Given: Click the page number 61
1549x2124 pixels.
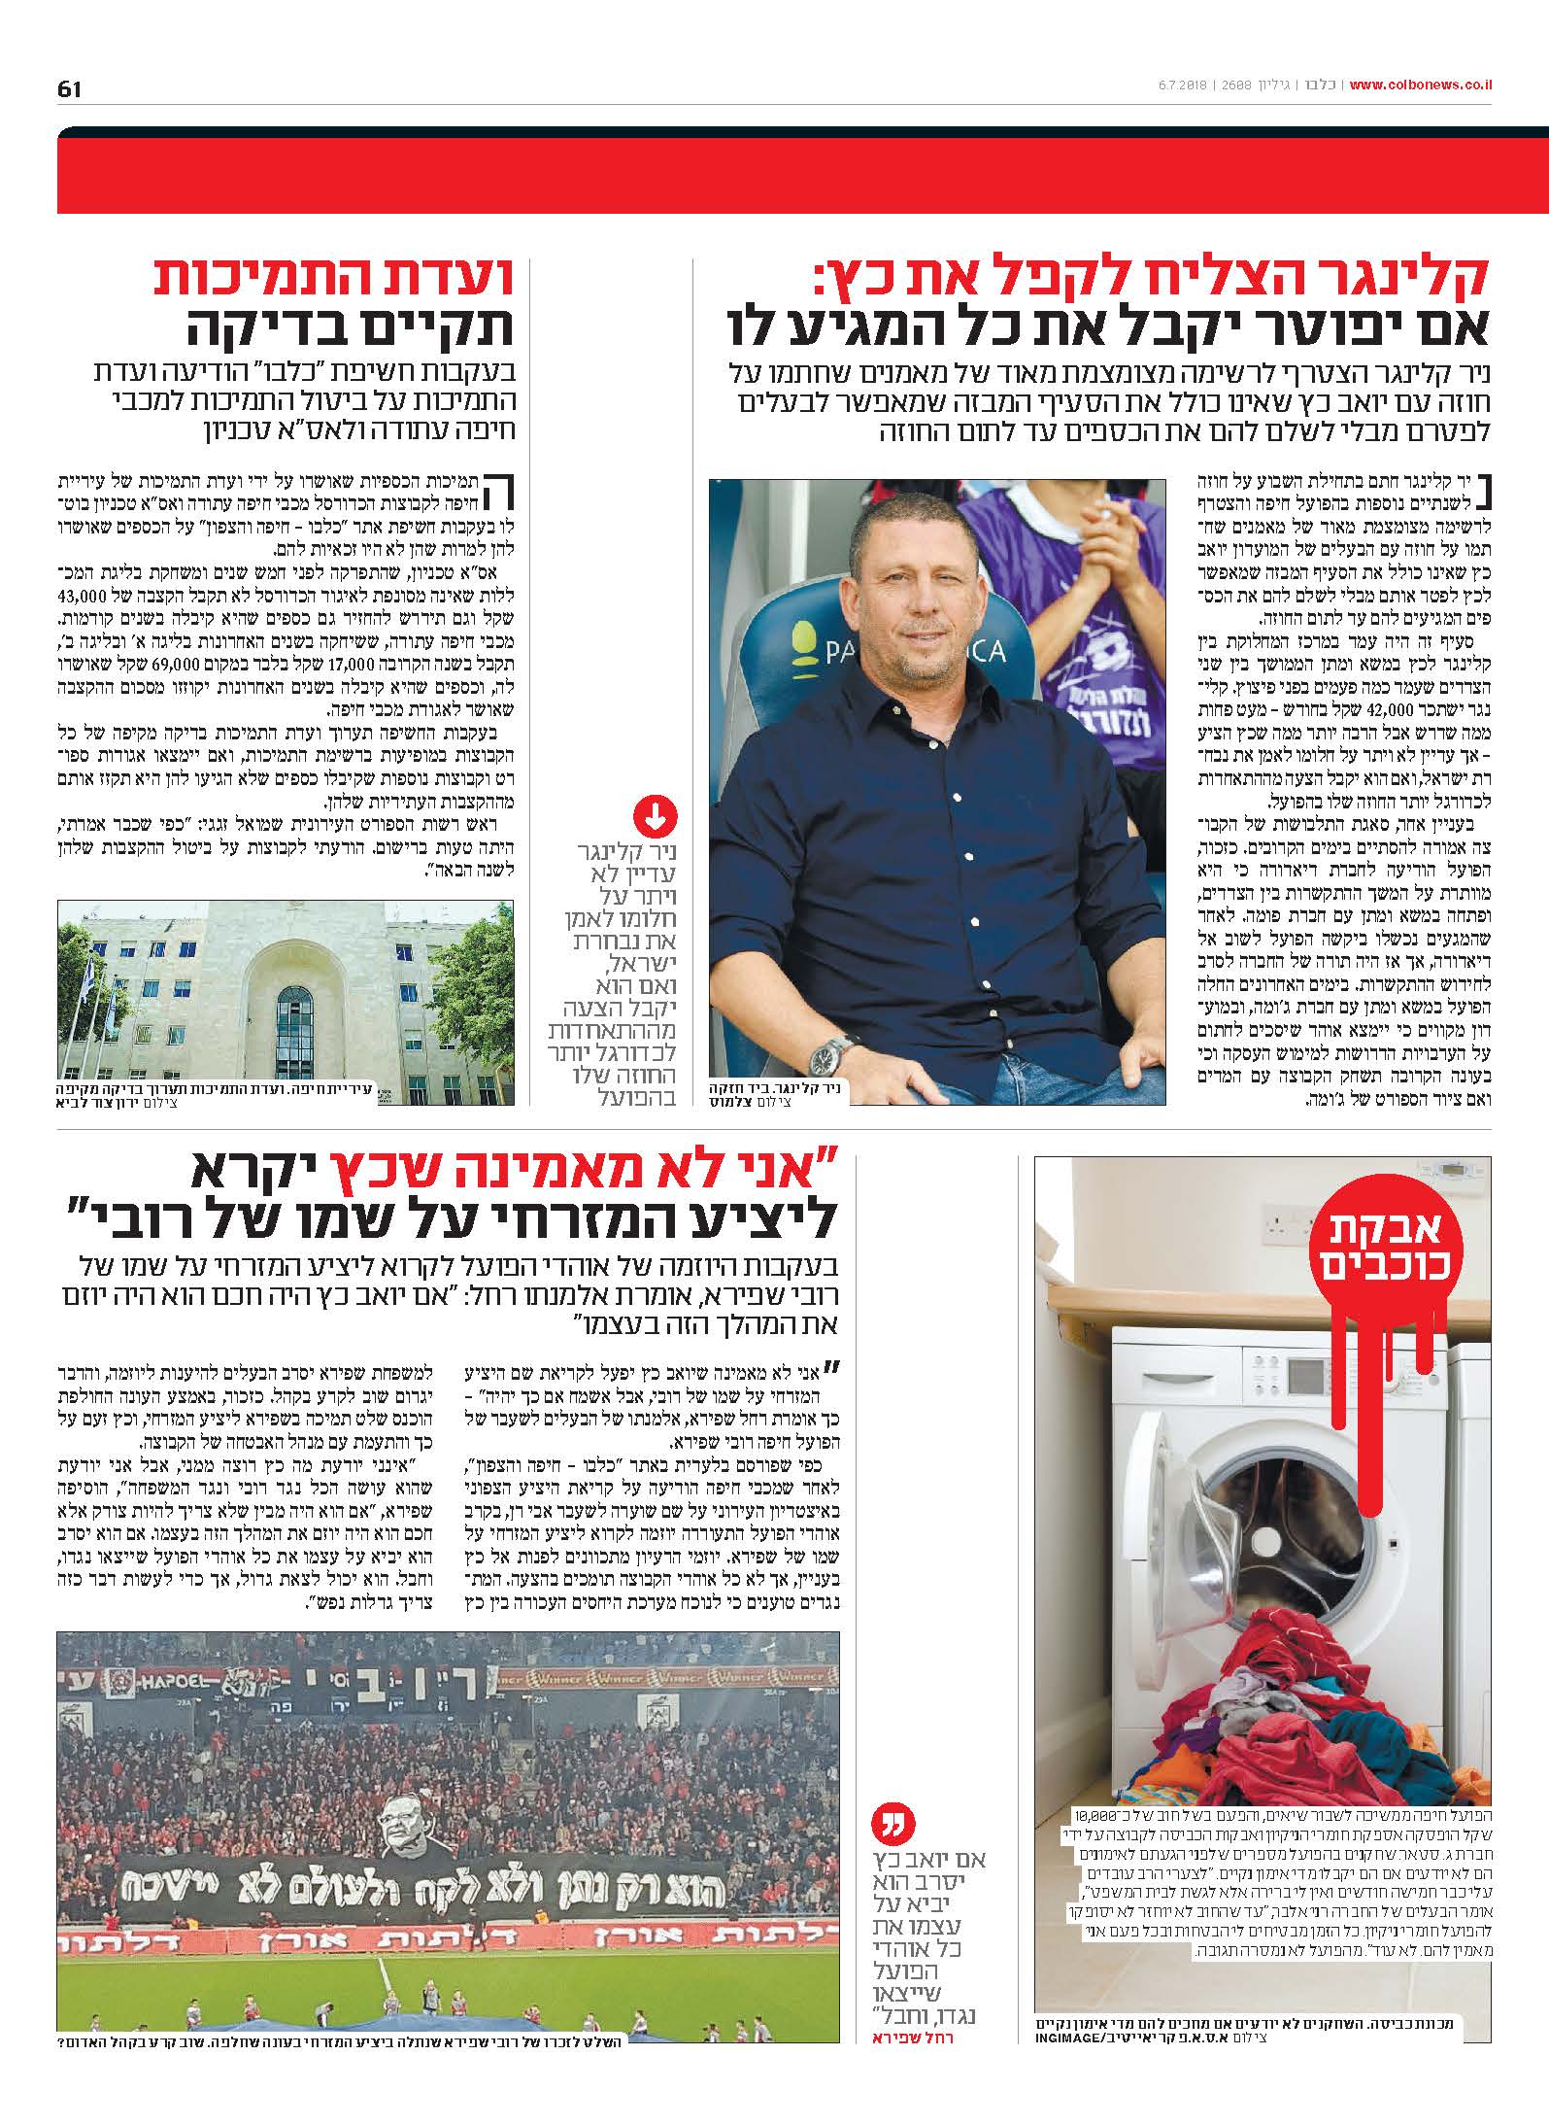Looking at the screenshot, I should point(69,88).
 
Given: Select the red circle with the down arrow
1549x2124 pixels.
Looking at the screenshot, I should point(655,817).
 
